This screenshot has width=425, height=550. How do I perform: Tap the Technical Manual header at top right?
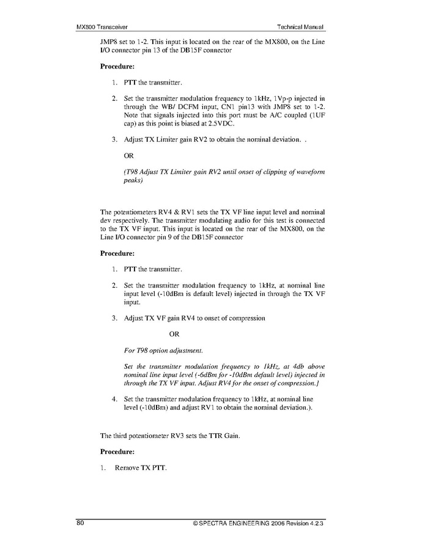coord(300,27)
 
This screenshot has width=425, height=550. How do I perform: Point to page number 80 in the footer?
coord(80,524)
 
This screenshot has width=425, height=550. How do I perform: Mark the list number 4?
coord(115,399)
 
